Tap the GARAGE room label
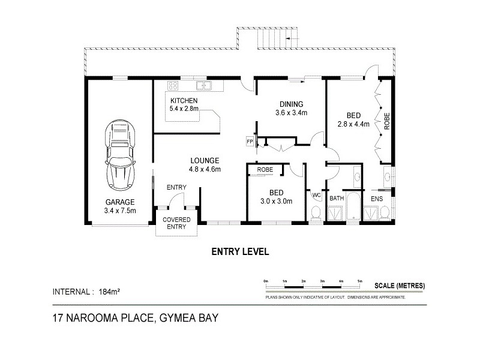[x=119, y=202]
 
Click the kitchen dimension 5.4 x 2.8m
[x=184, y=109]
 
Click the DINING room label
[x=291, y=103]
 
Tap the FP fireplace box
[x=250, y=142]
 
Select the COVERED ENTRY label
[x=177, y=223]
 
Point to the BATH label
[x=336, y=197]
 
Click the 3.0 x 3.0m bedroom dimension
[x=276, y=201]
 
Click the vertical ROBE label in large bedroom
[x=387, y=122]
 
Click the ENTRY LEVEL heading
[x=239, y=252]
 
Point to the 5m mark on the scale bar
[x=359, y=281]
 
